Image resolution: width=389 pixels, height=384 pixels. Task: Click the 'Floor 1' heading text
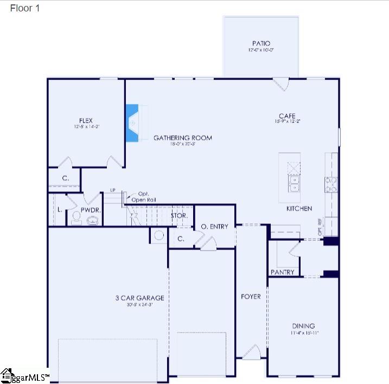[25, 8]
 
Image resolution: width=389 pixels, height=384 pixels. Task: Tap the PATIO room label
[260, 43]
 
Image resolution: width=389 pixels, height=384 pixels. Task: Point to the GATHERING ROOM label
[182, 138]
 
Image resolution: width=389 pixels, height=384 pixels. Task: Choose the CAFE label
[287, 116]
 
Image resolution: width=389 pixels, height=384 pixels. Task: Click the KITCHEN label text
[299, 208]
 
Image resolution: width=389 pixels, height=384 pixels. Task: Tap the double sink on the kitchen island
[294, 184]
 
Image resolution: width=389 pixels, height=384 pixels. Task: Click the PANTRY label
[282, 272]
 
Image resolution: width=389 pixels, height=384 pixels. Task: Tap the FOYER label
[251, 297]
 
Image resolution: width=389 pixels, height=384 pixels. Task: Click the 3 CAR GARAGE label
[139, 298]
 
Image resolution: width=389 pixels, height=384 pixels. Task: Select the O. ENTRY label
[214, 226]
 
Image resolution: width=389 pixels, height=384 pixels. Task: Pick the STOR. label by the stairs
[179, 215]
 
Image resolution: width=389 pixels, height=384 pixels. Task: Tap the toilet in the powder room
[76, 218]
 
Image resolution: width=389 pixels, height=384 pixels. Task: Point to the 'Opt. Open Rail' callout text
[143, 197]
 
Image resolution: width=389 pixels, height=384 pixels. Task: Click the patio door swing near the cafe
[281, 84]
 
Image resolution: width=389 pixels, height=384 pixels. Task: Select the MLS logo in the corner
[24, 375]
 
